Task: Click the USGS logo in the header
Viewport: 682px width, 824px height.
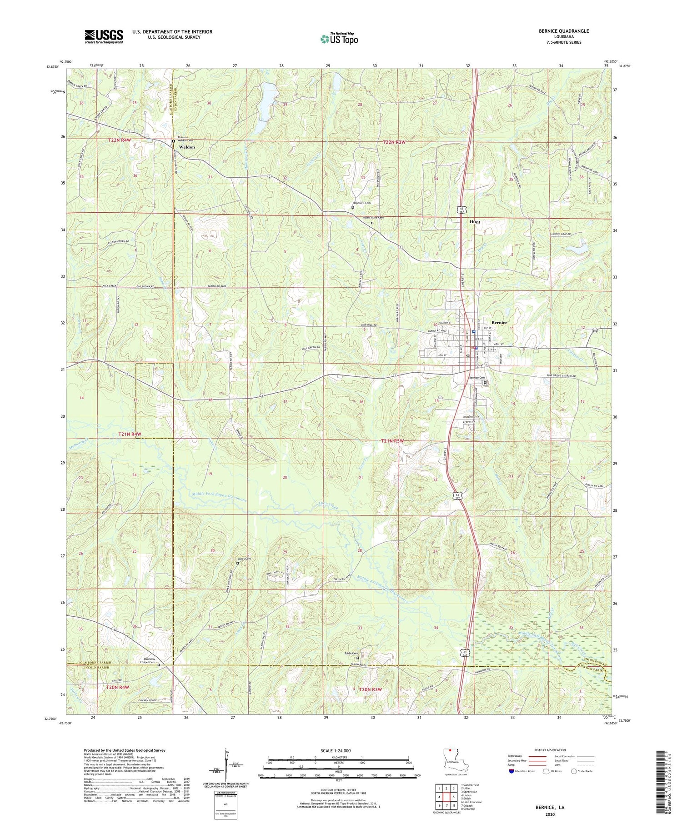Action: [104, 36]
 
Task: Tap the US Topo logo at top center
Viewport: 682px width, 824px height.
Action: [339, 39]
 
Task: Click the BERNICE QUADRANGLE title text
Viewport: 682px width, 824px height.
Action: [562, 31]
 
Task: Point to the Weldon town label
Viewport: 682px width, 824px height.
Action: [187, 147]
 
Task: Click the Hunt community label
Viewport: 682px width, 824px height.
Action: [475, 222]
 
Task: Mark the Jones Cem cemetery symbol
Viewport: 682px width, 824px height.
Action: [237, 563]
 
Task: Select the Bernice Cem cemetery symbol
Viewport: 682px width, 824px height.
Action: [485, 383]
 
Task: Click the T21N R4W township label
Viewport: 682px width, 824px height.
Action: [130, 434]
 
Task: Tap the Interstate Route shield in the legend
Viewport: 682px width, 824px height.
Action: [511, 771]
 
